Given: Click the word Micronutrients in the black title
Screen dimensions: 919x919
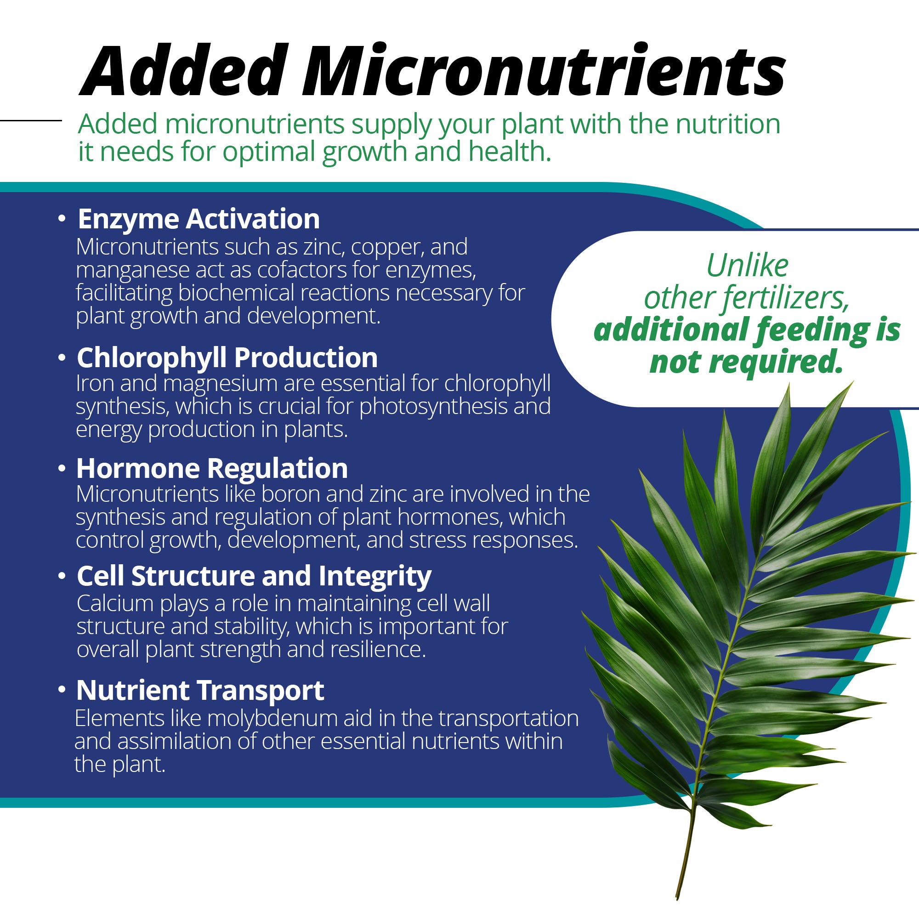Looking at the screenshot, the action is tap(544, 71).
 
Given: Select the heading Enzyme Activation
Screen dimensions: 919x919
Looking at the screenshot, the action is tap(199, 220).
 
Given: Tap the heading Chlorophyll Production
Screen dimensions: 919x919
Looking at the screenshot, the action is tap(227, 358).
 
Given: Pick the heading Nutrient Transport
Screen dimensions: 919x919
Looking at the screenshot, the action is tap(200, 691).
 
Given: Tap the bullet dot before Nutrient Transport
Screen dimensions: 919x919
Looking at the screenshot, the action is tap(62, 690).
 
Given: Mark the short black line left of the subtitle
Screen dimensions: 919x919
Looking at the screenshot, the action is tap(31, 120).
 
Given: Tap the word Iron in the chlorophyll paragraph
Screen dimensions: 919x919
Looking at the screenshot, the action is tap(93, 383).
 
